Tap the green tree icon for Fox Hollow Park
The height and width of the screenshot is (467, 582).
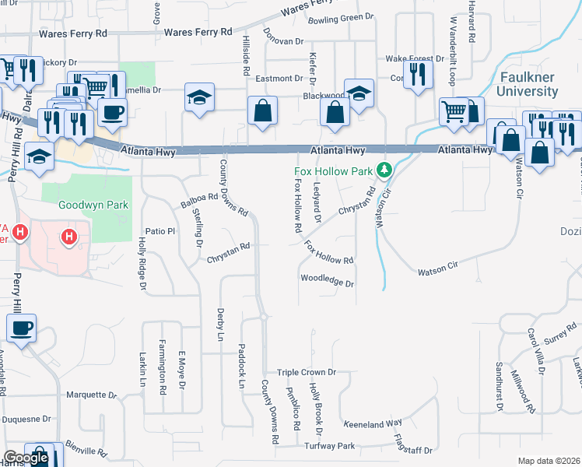(383, 169)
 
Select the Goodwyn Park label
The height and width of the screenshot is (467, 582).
(93, 205)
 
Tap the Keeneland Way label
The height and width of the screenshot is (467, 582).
(373, 423)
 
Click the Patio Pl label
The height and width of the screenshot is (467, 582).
(161, 231)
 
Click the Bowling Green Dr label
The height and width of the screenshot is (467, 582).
(341, 18)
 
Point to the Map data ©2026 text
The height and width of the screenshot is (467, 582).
(549, 461)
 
